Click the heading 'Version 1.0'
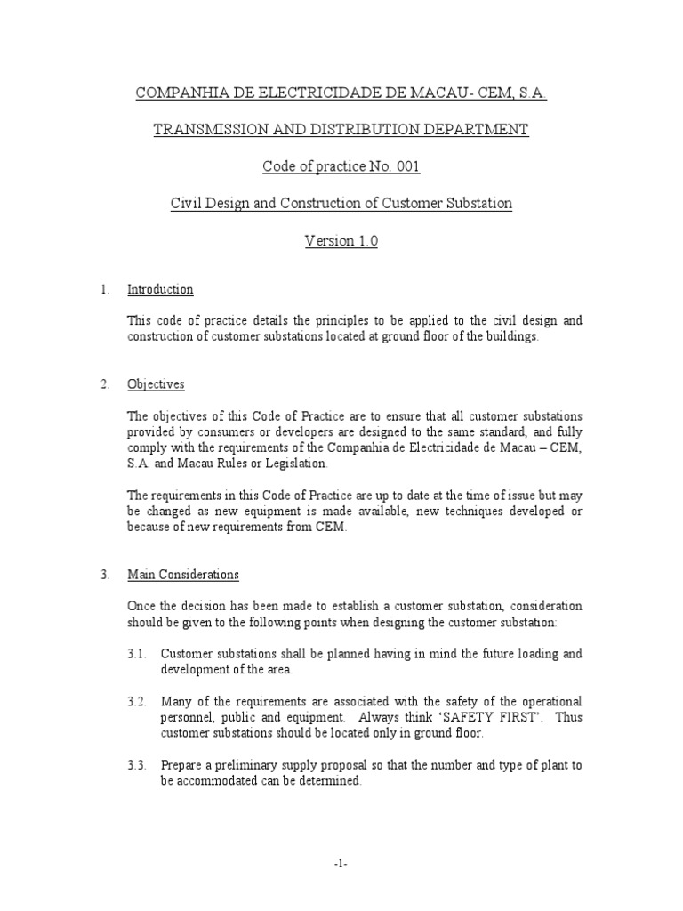click(x=341, y=241)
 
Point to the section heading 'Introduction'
click(x=160, y=290)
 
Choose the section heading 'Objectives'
click(x=156, y=384)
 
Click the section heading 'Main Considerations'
click(x=183, y=575)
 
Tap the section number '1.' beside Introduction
click(x=104, y=290)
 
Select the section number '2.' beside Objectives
click(x=104, y=384)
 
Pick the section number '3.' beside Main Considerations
click(x=104, y=575)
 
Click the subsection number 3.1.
click(x=136, y=654)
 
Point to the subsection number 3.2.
click(x=136, y=702)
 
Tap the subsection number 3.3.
click(x=136, y=765)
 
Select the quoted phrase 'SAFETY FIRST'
click(x=490, y=717)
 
